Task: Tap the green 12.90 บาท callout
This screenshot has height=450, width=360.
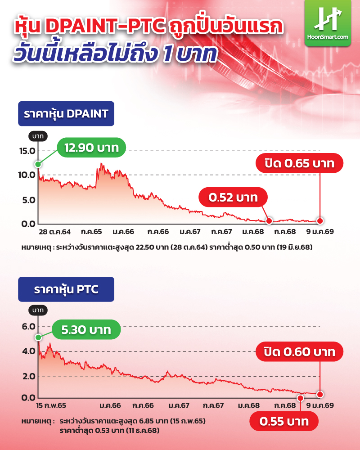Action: (91, 148)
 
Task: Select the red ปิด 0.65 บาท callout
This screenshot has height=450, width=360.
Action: (300, 164)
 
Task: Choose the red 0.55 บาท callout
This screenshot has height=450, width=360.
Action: (283, 422)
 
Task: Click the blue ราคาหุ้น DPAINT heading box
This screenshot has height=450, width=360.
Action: (66, 113)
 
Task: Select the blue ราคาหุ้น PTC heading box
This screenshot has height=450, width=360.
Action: (66, 289)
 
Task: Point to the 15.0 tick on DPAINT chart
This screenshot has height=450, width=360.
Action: (27, 151)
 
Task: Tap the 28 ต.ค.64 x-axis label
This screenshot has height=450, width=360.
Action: (54, 232)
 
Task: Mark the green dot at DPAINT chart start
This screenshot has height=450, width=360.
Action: (38, 164)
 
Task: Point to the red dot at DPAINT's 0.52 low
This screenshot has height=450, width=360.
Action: (269, 221)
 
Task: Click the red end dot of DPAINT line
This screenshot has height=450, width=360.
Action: (320, 220)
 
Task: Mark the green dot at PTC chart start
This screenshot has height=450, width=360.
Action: (38, 337)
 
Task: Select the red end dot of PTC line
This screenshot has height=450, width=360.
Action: (320, 394)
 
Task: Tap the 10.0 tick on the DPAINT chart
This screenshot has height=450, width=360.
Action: (27, 175)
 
